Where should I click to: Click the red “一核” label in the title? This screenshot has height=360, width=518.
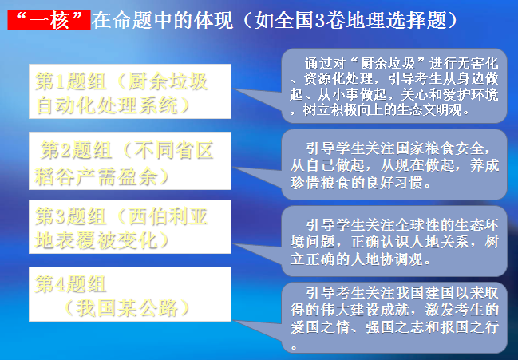point(49,20)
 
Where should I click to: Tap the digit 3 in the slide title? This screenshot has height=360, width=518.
point(320,21)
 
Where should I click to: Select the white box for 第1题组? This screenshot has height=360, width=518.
point(130,92)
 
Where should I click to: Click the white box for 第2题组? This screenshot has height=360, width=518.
point(130,161)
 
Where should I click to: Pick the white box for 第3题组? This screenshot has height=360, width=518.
point(130,227)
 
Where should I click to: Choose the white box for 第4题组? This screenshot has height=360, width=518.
point(130,294)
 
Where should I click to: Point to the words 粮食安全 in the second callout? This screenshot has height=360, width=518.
point(455,148)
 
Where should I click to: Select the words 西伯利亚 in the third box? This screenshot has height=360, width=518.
point(168,216)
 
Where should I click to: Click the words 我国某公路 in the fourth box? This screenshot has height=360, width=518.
point(128,308)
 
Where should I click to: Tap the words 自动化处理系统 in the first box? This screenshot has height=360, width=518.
point(107,105)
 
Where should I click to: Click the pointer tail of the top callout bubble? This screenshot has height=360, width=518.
point(257,99)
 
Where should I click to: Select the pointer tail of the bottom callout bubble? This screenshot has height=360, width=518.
point(257,330)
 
